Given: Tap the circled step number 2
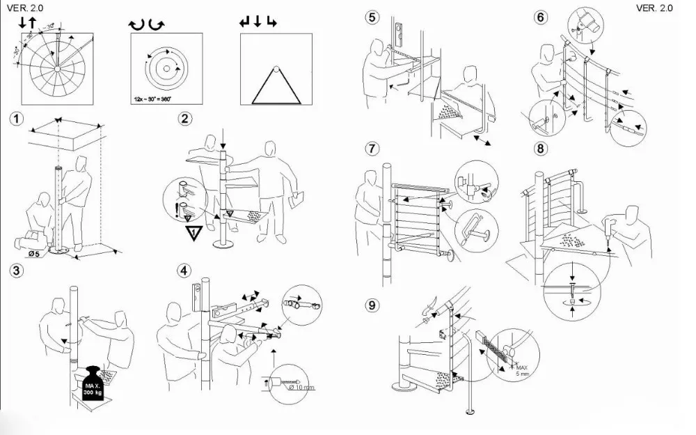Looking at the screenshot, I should coord(184,119).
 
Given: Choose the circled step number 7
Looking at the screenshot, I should coord(374,148).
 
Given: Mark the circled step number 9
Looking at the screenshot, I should coord(374,304).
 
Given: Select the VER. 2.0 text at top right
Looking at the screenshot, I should coord(654,8).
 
